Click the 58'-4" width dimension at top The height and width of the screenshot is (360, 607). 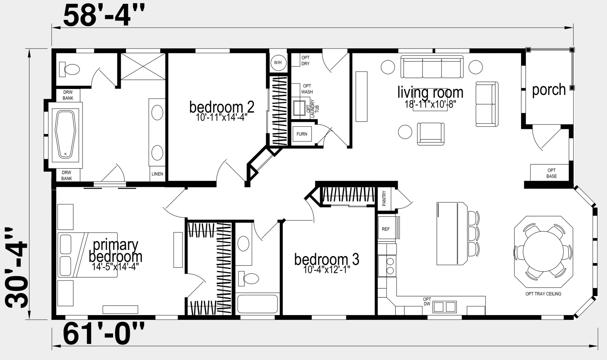click(104, 16)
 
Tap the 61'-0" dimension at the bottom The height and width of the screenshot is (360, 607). click(104, 334)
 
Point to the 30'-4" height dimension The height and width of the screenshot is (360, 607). click(16, 268)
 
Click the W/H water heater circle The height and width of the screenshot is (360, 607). click(278, 62)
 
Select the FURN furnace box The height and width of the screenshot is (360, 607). click(302, 134)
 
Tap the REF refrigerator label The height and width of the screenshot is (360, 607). click(386, 229)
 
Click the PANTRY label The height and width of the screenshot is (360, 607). click(384, 199)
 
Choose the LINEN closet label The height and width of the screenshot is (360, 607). click(157, 174)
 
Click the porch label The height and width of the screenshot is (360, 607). click(549, 90)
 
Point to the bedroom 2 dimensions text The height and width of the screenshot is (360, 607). click(222, 118)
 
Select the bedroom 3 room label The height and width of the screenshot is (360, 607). click(327, 259)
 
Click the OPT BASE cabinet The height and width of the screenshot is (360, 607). click(549, 172)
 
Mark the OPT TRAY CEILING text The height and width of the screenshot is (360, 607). click(543, 293)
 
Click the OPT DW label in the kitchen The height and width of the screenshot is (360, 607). click(427, 301)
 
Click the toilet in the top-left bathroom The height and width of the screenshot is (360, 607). click(69, 69)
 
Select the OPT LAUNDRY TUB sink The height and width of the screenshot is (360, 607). click(299, 108)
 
